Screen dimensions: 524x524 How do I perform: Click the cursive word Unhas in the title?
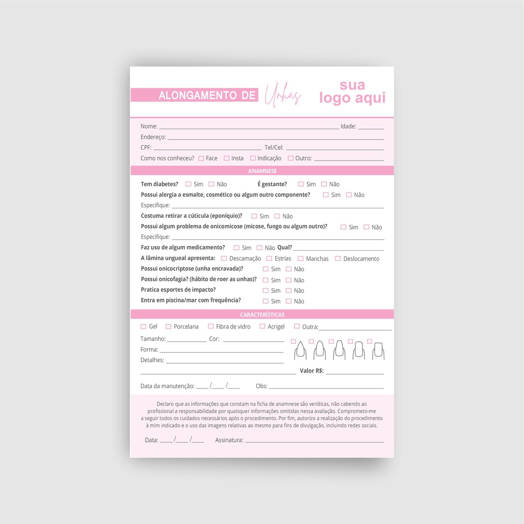(x=282, y=95)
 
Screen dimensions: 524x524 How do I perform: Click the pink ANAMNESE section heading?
(x=262, y=171)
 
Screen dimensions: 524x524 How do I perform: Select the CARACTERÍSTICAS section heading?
(x=262, y=315)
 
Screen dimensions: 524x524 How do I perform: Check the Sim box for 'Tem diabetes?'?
(x=188, y=184)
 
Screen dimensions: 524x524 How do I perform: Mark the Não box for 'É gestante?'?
(x=324, y=184)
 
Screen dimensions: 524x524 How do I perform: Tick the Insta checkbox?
(x=227, y=158)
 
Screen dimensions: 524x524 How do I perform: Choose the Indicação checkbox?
(x=253, y=158)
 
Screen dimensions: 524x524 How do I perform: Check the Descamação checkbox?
(x=224, y=258)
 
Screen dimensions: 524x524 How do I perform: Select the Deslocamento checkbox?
(x=338, y=258)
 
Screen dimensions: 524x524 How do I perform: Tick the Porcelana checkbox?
(x=168, y=326)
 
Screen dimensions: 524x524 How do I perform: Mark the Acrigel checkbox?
(x=263, y=326)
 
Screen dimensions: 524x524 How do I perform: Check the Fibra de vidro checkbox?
(x=211, y=326)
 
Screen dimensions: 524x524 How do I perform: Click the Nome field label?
(x=149, y=126)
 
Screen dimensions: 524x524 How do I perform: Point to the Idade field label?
(x=348, y=126)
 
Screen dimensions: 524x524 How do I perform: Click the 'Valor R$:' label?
(x=312, y=370)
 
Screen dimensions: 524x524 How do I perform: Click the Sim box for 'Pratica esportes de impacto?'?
(x=266, y=290)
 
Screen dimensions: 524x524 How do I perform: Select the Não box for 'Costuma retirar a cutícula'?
(x=277, y=216)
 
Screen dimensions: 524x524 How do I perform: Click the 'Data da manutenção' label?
(x=167, y=386)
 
